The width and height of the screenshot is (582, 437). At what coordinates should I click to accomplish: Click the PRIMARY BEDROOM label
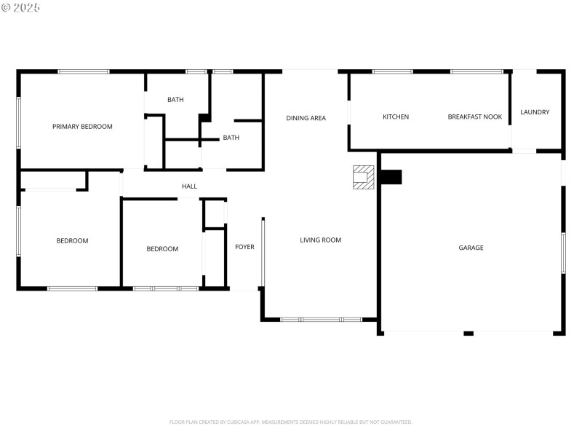[x=82, y=127]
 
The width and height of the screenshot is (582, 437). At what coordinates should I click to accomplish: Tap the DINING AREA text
[x=306, y=118]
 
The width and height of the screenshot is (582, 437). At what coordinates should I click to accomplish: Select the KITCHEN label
[x=396, y=117]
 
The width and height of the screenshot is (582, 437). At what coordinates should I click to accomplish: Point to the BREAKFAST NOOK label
[x=474, y=117]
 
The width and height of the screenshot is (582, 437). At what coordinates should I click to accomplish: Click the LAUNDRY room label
[x=535, y=112]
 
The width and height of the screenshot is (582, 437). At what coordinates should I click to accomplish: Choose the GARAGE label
[x=471, y=248]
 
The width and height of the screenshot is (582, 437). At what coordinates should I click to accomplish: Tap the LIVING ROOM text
[x=320, y=240]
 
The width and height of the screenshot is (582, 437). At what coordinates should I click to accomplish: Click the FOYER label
[x=244, y=247]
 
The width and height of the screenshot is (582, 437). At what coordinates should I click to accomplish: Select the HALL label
[x=189, y=186]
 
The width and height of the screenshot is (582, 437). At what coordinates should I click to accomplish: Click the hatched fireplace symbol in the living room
[x=363, y=177]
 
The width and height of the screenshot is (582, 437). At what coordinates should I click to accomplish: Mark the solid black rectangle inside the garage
[x=391, y=177]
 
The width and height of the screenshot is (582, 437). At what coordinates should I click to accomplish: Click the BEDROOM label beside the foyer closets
[x=162, y=249]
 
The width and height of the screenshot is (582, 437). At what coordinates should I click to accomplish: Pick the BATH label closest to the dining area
[x=231, y=138]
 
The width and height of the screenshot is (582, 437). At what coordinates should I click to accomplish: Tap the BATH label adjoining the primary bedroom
[x=175, y=100]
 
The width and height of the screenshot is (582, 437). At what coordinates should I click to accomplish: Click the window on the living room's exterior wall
[x=321, y=319]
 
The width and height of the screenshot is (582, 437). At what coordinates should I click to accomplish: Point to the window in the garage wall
[x=562, y=253]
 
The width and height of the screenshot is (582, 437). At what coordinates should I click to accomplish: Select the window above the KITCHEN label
[x=392, y=71]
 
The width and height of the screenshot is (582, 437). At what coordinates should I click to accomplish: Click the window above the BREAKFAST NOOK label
[x=477, y=71]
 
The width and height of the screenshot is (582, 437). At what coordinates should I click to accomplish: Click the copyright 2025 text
[x=21, y=7]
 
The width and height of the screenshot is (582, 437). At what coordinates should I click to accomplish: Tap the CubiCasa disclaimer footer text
[x=291, y=422]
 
